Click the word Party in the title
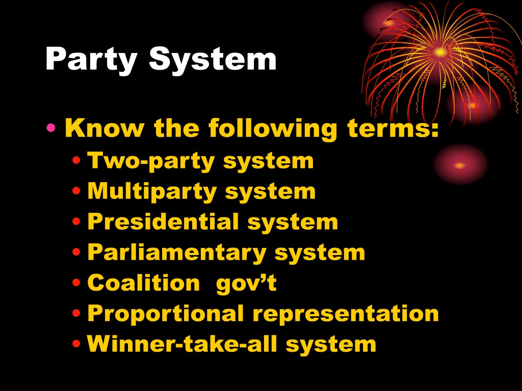91,60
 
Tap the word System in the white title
213,59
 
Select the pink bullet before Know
51,127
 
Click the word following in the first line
273,129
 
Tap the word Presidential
163,221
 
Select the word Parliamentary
176,253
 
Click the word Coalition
143,283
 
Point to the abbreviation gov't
246,284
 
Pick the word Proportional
166,314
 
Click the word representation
346,314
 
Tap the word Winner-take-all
182,343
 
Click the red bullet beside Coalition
76,283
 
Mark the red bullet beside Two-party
76,160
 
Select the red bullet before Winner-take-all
76,344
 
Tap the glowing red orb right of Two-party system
460,164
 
